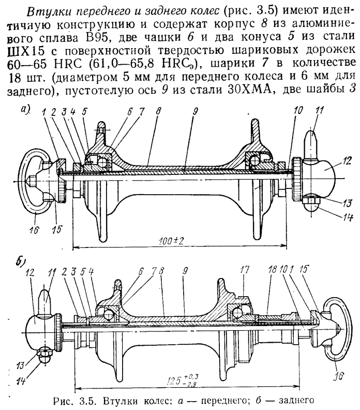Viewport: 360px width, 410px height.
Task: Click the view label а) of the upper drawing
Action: coord(26,111)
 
